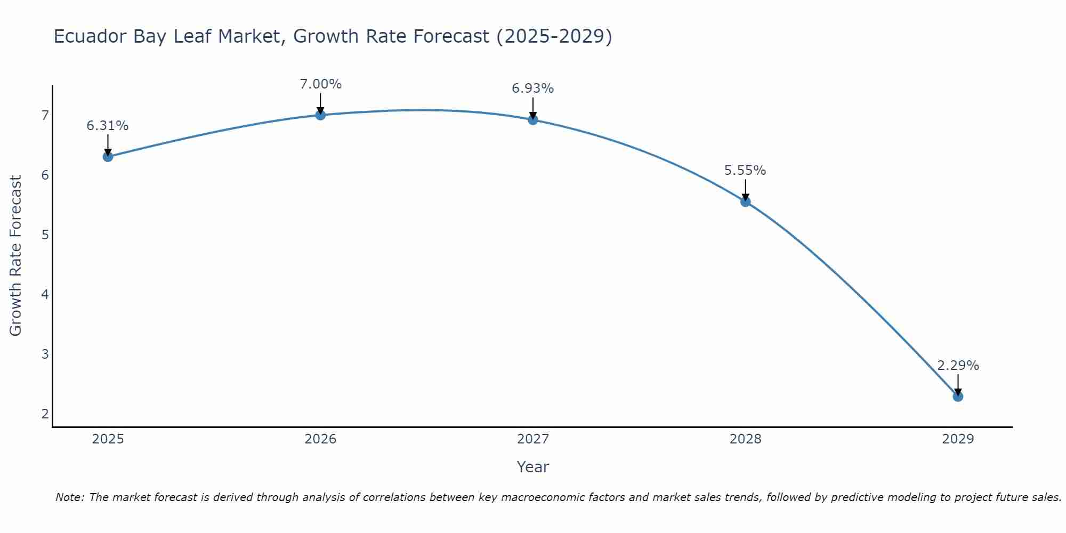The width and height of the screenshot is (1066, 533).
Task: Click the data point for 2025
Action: [x=108, y=157]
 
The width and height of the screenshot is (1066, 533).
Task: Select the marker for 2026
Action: [x=320, y=115]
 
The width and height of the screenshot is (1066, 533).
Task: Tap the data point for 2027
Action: [x=533, y=119]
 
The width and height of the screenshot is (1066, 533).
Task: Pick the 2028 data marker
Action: [x=745, y=201]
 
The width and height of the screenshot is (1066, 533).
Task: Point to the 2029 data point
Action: [x=958, y=397]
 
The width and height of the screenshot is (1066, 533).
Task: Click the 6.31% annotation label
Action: [x=108, y=126]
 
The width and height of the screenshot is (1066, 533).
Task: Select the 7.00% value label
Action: [x=320, y=84]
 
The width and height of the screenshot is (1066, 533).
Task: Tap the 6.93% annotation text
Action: [x=533, y=88]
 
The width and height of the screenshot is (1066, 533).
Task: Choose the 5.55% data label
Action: [x=745, y=171]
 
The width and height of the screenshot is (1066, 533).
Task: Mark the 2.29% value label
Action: [x=958, y=366]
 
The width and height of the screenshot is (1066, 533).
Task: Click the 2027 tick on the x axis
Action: [x=533, y=439]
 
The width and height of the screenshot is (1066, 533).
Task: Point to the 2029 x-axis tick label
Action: [x=958, y=439]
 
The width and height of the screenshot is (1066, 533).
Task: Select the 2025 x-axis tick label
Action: [x=108, y=439]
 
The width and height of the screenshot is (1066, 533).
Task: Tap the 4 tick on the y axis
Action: [x=45, y=294]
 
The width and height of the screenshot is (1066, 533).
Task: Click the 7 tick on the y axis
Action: [x=45, y=115]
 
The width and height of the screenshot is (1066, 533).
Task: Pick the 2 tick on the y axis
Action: [x=45, y=414]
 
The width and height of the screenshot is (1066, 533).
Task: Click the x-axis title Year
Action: [x=533, y=467]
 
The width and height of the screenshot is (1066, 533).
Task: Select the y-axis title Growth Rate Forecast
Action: [x=16, y=256]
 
